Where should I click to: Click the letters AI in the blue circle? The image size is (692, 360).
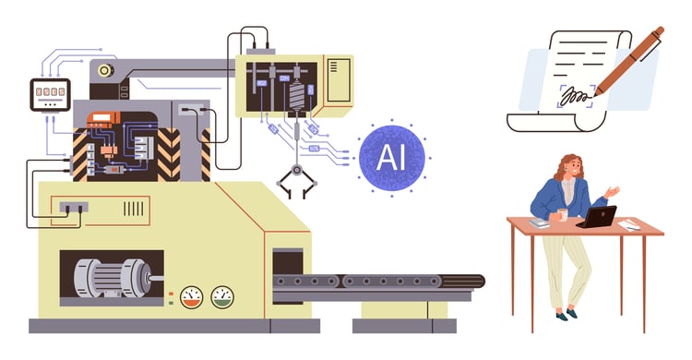point(391,150)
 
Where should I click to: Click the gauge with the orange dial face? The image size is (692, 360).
point(191,297)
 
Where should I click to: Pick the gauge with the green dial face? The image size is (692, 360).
point(222,297)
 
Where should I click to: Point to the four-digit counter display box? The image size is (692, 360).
point(50,92)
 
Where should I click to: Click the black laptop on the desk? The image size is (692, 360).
point(596,217)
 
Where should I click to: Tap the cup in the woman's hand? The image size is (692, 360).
point(560,214)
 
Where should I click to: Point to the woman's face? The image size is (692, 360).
point(571,169)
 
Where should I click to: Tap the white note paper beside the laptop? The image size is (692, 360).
point(629,224)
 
